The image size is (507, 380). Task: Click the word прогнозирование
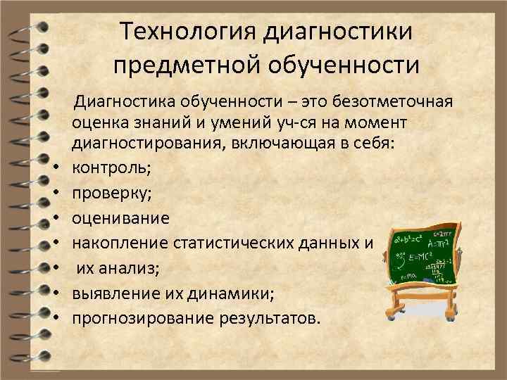pyautogui.click(x=141, y=318)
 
